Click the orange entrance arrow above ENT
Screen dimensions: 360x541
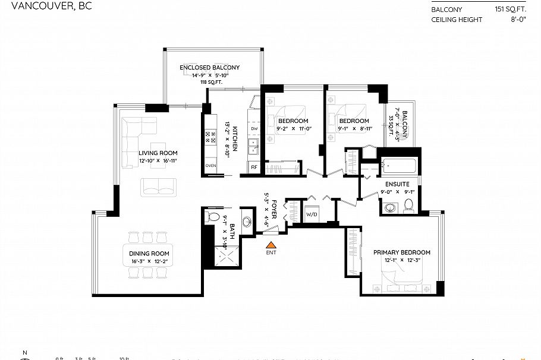[270, 244]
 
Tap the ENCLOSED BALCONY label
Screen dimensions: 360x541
[209, 68]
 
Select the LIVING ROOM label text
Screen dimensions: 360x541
[158, 153]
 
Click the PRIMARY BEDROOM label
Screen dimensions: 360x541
[401, 252]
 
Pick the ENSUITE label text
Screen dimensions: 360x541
[397, 184]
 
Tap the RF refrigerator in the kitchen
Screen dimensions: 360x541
[253, 168]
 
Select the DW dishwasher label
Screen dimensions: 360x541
[254, 129]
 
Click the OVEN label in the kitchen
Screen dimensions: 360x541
[210, 166]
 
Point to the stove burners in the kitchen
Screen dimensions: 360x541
[210, 139]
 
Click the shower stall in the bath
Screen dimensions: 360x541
[224, 258]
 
